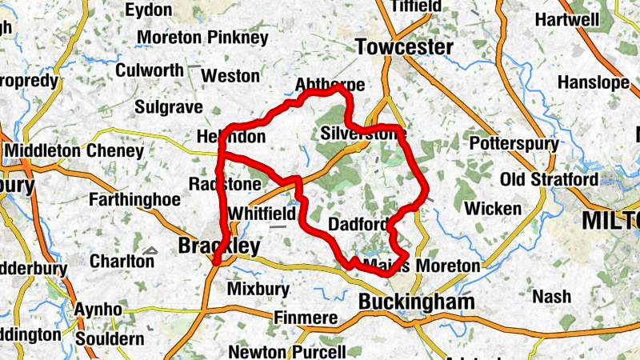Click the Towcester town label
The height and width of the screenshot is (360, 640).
click(x=405, y=47)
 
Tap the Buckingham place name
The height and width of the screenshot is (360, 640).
click(x=416, y=302)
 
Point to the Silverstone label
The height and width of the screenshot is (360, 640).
click(x=362, y=134)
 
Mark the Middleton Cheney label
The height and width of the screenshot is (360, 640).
click(x=74, y=150)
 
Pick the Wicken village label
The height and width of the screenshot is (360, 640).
click(x=493, y=209)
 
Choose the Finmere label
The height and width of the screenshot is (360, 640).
click(x=306, y=318)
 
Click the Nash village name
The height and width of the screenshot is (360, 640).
click(x=552, y=297)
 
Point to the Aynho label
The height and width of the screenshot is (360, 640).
click(x=98, y=310)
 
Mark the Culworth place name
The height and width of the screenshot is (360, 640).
click(x=150, y=70)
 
